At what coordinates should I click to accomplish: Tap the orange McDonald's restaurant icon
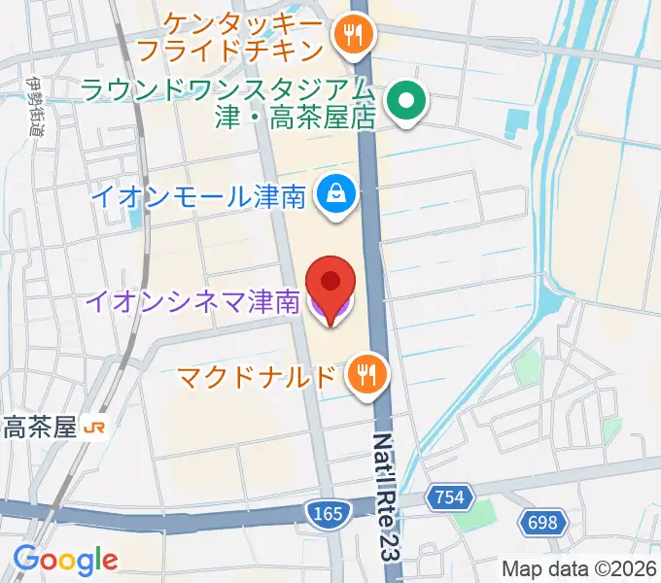click(366, 374)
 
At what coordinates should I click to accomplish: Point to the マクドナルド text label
click(257, 375)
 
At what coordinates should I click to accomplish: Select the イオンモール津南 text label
click(199, 196)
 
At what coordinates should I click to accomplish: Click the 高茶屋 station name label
click(39, 428)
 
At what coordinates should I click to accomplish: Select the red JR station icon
click(95, 428)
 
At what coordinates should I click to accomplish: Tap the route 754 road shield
click(449, 498)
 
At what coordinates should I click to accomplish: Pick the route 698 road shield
click(542, 523)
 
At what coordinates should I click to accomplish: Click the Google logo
click(65, 559)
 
